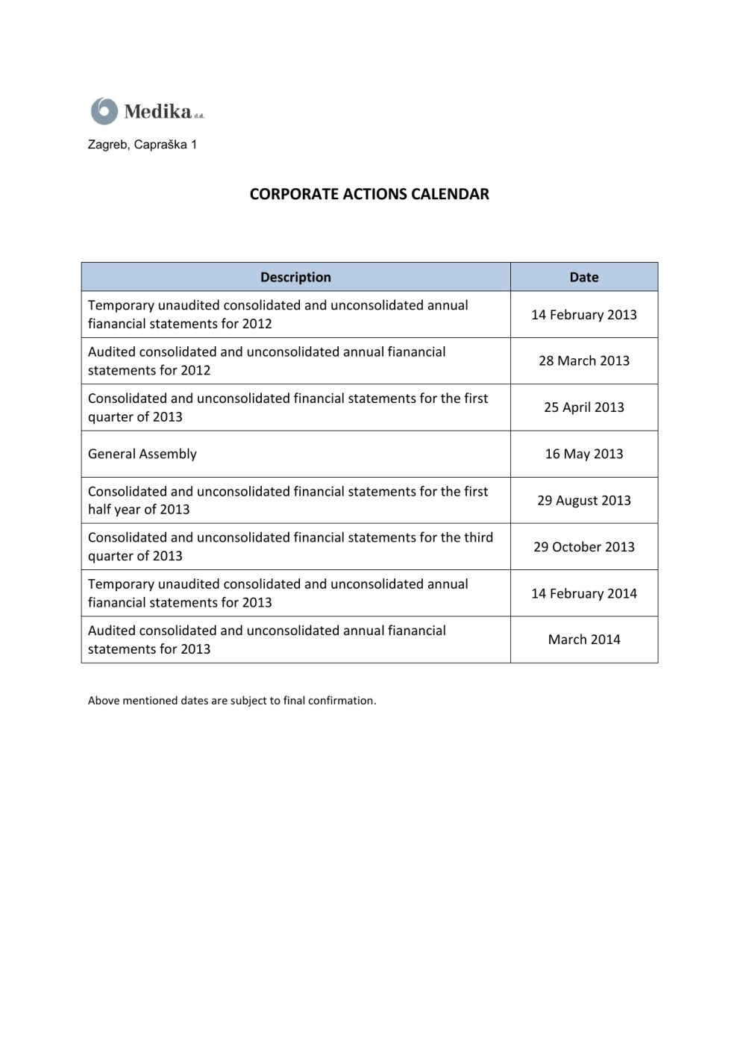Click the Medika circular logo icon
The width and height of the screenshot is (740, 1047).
(x=104, y=111)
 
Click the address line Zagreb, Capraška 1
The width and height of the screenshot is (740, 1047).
(x=142, y=145)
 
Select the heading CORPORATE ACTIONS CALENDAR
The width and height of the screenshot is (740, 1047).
(x=369, y=194)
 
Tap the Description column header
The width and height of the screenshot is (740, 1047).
(x=295, y=277)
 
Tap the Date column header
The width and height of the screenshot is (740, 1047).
(x=584, y=277)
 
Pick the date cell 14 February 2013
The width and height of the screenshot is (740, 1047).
(x=584, y=315)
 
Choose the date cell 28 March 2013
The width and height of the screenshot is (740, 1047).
(x=584, y=361)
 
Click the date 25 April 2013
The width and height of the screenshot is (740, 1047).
(x=584, y=407)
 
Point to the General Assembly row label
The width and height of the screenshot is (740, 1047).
(x=142, y=454)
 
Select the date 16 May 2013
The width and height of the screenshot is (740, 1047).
(x=584, y=454)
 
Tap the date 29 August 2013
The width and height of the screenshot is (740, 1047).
(x=584, y=501)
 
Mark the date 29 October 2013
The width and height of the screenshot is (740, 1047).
(x=584, y=547)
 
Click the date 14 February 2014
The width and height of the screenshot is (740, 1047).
(x=584, y=593)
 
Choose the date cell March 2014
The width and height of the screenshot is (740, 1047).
(x=584, y=640)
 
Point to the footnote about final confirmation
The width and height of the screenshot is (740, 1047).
(x=232, y=701)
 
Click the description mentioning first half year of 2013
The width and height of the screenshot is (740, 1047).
(x=288, y=500)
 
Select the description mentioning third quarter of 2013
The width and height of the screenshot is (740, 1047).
(x=290, y=546)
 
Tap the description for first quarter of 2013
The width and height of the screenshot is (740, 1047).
(x=288, y=407)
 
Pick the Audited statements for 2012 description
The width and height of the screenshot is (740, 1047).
(x=266, y=361)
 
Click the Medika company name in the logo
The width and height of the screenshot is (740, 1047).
(x=158, y=112)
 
